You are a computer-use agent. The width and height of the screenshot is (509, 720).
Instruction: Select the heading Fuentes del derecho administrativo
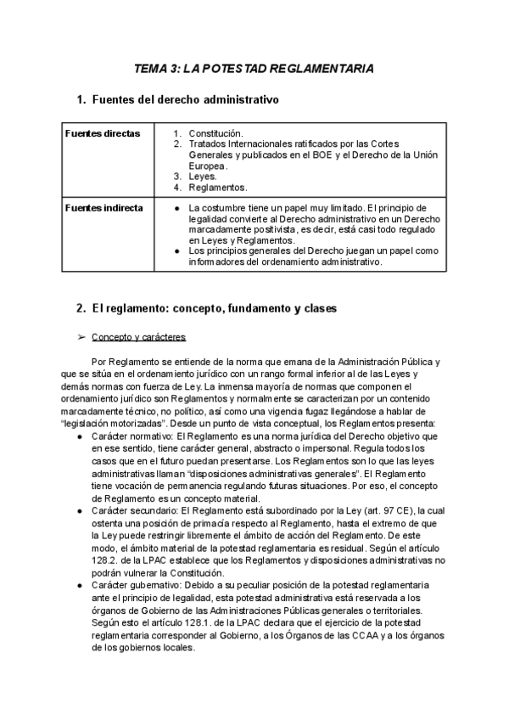pos(185,99)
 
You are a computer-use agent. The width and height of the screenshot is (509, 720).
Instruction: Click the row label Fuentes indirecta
pos(103,207)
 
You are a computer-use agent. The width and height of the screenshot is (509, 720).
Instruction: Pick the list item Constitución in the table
pos(215,133)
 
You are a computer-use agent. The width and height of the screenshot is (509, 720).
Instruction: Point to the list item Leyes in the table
pos(203,176)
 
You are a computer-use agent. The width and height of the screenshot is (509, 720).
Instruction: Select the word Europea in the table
pos(208,166)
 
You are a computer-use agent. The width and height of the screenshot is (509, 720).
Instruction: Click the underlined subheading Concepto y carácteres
pos(138,337)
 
